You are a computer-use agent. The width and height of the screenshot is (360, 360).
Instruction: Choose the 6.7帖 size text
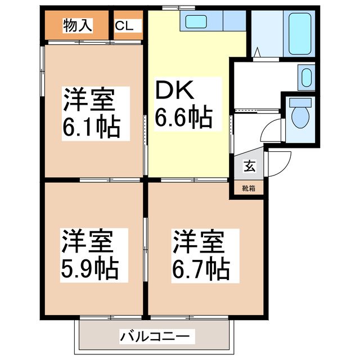[201, 269]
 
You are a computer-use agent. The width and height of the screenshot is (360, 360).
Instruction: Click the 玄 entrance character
[248, 166]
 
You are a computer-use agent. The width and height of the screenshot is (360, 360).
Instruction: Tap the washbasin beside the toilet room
[307, 76]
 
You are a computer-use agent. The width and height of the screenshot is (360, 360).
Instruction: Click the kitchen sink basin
[197, 22]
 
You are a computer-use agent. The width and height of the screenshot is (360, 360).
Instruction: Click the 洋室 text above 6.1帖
[89, 101]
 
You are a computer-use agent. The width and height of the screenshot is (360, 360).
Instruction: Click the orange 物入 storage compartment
[76, 25]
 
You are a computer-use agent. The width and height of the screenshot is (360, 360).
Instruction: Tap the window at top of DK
[179, 8]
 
